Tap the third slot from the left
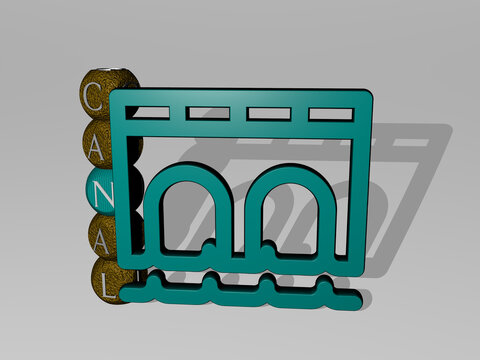pos(262,113)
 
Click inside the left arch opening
pos(187,220)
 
